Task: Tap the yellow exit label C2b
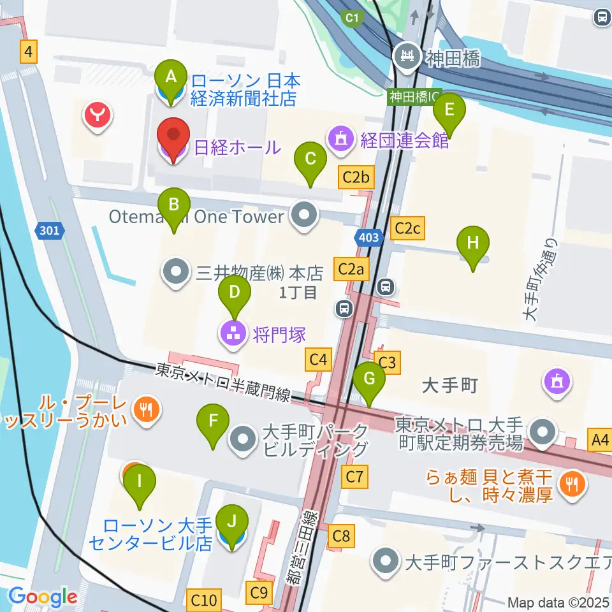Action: click(x=356, y=178)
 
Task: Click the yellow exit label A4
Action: click(x=601, y=440)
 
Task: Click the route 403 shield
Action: click(x=368, y=238)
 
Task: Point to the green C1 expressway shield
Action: click(x=351, y=18)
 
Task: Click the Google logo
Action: click(x=43, y=597)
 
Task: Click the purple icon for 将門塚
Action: click(x=233, y=331)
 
